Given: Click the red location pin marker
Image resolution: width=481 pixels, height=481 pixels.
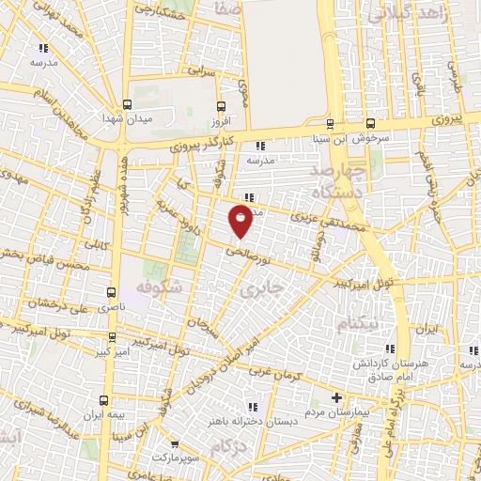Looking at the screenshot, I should [241, 221].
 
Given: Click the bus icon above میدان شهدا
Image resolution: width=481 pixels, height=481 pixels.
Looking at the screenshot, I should [126, 104].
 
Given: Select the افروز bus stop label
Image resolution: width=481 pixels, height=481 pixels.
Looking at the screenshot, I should [221, 120].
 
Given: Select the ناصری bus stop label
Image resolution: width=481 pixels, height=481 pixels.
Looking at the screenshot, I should [112, 307].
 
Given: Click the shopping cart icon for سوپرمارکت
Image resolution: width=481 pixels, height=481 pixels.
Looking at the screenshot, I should [175, 442].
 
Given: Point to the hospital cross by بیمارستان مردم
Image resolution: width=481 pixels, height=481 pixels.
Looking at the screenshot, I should [335, 397].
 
